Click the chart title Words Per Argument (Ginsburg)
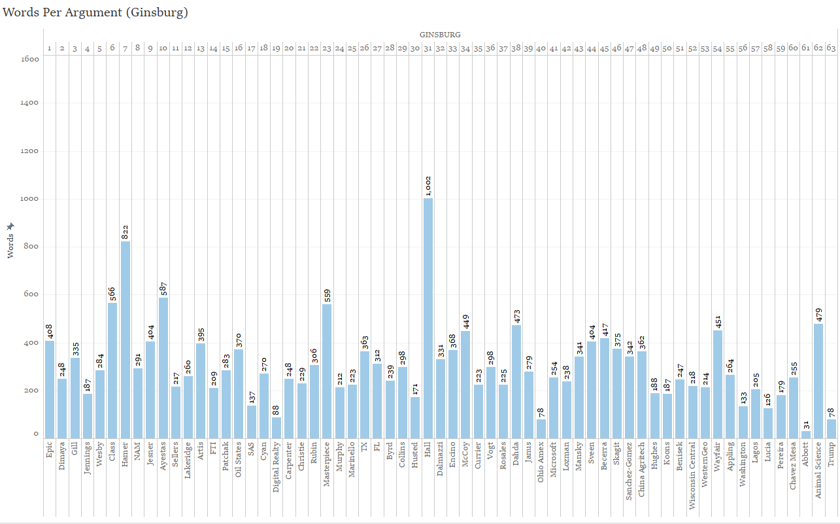coord(95,12)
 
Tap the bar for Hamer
coord(125,340)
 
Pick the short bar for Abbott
coord(806,434)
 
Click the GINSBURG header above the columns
coord(440,34)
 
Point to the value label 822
coord(125,232)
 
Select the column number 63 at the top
coord(831,48)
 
